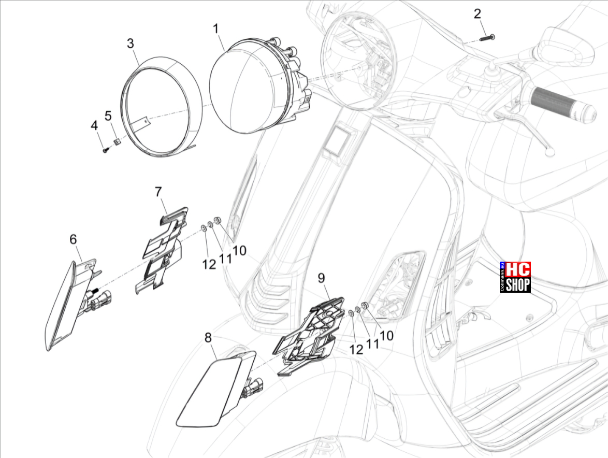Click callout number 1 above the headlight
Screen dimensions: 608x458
click(x=215, y=28)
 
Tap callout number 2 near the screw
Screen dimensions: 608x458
click(x=477, y=14)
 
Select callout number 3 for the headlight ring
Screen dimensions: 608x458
click(x=131, y=43)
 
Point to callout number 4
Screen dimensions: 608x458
click(x=94, y=126)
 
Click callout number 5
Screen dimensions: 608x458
click(x=108, y=116)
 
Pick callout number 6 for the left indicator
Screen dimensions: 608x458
click(x=74, y=239)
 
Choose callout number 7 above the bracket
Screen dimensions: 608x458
click(x=158, y=192)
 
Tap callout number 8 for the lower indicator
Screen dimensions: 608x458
click(x=208, y=338)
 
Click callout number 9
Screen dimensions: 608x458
click(x=321, y=278)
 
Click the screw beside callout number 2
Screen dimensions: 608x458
click(x=487, y=38)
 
